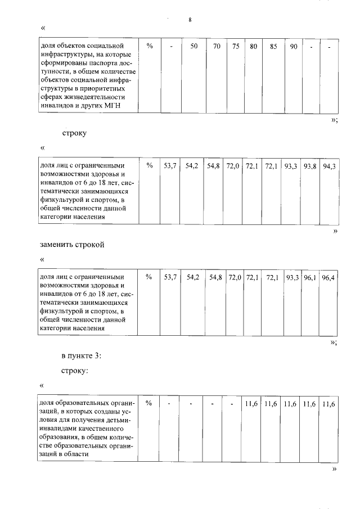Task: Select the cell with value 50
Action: [x=193, y=47]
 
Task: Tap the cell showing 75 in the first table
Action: [x=236, y=47]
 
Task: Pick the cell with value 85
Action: [x=273, y=47]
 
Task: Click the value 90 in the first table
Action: [x=294, y=47]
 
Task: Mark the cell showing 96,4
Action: [x=330, y=277]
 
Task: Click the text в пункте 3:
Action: [x=81, y=355]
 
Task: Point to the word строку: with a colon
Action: [x=75, y=371]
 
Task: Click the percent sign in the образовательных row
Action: [x=149, y=404]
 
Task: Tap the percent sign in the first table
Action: [x=150, y=47]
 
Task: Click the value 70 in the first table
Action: [x=217, y=47]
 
